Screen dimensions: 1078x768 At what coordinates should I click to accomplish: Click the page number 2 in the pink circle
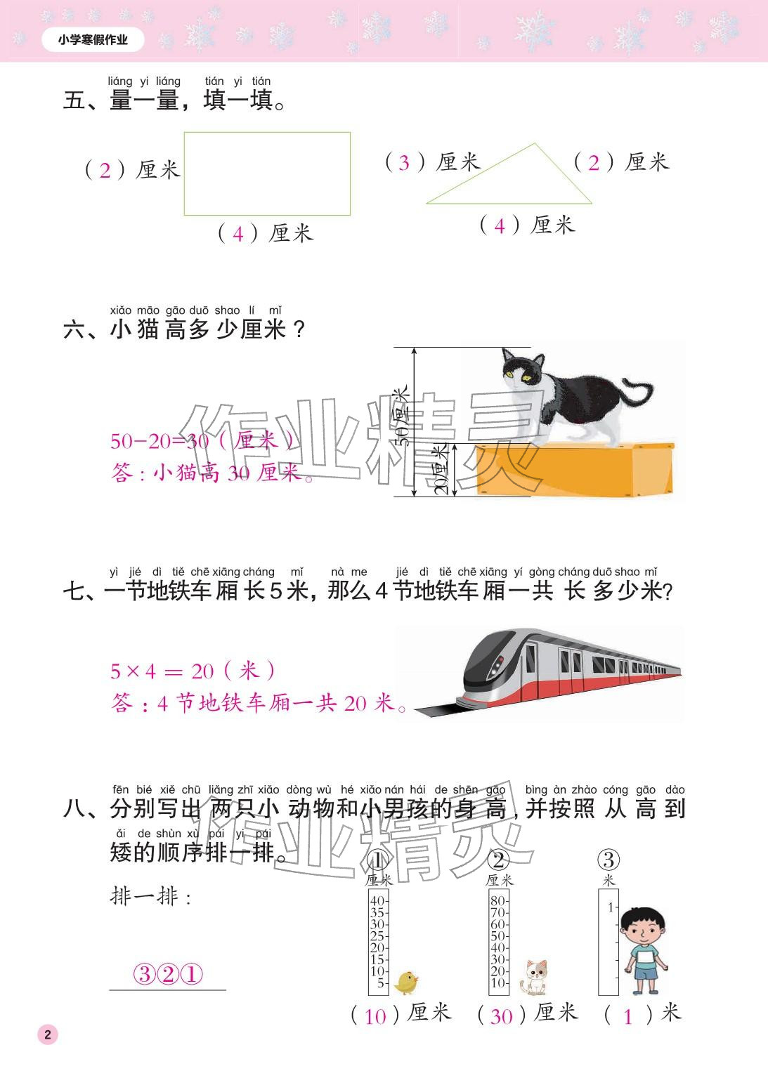(48, 1034)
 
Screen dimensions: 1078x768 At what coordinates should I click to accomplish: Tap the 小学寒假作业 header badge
(93, 40)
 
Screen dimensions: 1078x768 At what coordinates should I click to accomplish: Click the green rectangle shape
(267, 173)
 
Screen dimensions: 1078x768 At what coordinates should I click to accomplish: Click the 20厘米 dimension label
(441, 469)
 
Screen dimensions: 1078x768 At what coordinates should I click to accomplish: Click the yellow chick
(406, 982)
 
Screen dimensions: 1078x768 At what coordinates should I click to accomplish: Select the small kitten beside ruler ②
(535, 977)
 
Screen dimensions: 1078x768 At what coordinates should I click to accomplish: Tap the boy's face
(644, 930)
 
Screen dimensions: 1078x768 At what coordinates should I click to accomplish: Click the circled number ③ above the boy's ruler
(608, 860)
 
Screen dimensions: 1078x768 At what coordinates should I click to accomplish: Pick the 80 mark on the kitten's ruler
(497, 901)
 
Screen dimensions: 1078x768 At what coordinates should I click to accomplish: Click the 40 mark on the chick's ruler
(377, 901)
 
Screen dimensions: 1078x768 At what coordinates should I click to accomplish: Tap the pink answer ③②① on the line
(168, 975)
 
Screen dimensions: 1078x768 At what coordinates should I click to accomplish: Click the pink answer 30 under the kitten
(501, 1015)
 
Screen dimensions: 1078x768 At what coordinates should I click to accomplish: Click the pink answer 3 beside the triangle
(403, 163)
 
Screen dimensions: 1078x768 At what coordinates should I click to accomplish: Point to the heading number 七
(74, 591)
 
